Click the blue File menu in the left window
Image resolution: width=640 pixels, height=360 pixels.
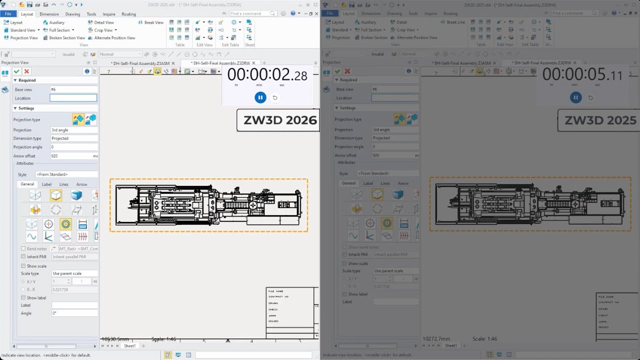[8, 14]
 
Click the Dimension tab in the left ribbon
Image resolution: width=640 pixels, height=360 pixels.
[49, 14]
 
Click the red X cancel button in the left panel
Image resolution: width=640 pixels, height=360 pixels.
[27, 71]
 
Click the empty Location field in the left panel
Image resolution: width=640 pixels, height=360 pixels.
[73, 98]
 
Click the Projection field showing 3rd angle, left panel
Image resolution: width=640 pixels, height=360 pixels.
[73, 130]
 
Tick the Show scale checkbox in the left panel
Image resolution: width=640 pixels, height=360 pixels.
[23, 266]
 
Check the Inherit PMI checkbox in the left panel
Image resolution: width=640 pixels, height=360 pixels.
[23, 256]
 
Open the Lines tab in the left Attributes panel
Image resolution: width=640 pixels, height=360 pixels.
[64, 184]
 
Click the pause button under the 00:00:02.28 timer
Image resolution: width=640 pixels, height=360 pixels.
[260, 97]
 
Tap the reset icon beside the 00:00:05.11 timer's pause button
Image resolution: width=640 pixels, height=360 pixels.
[590, 97]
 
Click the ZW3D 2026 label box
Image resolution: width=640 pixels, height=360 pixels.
[278, 120]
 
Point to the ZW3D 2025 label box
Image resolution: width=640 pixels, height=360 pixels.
[599, 120]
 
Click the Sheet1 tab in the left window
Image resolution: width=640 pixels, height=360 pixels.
[129, 346]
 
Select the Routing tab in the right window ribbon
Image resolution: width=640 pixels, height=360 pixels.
[450, 14]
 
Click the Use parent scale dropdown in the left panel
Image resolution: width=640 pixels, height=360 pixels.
[74, 273]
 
